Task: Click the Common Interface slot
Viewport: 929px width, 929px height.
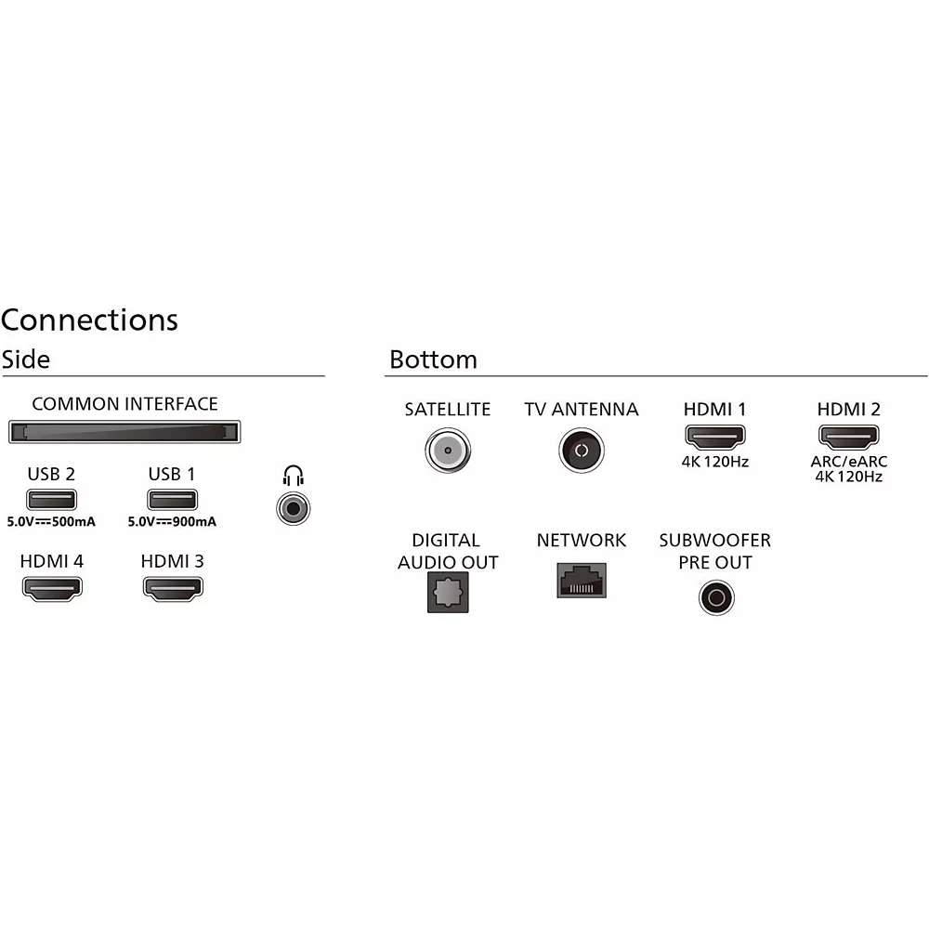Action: pos(124,432)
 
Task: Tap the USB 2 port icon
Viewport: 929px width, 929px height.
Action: pos(51,499)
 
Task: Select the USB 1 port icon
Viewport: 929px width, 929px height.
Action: pos(172,499)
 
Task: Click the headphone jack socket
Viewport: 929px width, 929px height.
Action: pos(294,508)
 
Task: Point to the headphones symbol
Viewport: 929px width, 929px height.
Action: pos(294,478)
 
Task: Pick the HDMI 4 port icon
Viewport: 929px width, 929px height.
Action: pos(51,587)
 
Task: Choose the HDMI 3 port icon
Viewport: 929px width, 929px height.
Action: pos(173,587)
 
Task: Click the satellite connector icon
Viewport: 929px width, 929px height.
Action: pos(447,451)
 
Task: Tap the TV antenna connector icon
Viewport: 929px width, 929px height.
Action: pos(581,451)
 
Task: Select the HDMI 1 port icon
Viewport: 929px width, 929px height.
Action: pos(715,436)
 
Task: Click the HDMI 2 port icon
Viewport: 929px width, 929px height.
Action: pos(848,436)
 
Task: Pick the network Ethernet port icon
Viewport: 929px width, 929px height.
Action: pos(581,581)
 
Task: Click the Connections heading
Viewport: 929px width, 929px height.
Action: pos(89,320)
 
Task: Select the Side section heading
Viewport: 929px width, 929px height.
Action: pos(25,359)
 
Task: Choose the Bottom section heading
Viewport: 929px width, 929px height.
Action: pos(433,360)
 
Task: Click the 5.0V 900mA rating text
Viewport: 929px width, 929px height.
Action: pos(172,522)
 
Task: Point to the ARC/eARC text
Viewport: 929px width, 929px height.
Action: pos(848,462)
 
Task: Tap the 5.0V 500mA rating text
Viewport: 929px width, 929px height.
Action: pos(51,522)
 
